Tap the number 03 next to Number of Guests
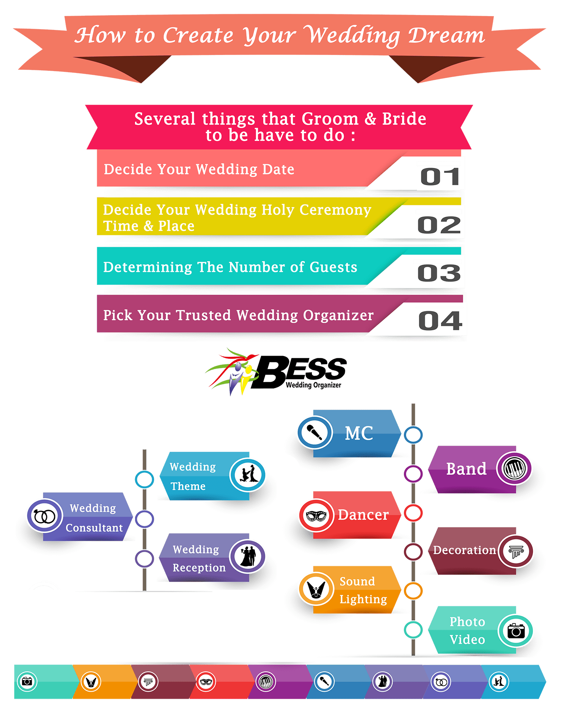439,273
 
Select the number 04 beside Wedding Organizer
440,321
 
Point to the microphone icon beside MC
315,433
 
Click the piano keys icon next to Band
514,468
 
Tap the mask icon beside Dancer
316,515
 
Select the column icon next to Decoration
516,551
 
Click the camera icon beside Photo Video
516,631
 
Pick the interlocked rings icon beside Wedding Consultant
45,516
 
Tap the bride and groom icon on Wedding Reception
248,557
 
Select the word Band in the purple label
466,469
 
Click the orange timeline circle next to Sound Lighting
413,591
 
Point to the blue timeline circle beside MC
413,435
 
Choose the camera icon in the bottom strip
27,681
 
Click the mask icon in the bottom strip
206,682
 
